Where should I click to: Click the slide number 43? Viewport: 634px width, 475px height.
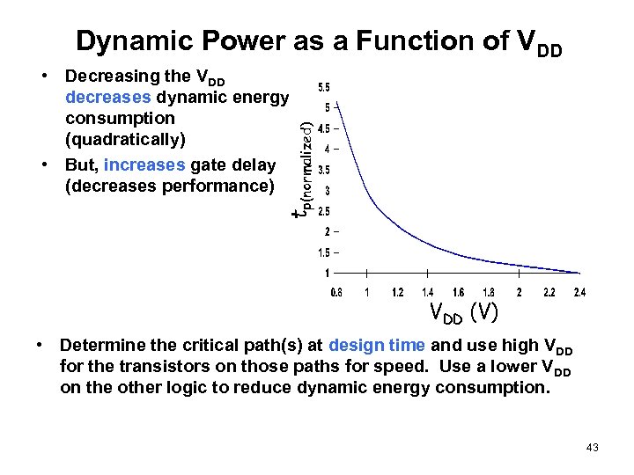[592, 449]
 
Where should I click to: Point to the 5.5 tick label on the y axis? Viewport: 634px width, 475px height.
[324, 87]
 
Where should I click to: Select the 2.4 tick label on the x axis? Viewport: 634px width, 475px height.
[579, 293]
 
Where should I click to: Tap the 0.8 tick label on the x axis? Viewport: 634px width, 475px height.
[336, 293]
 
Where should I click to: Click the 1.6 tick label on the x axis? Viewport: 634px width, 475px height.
[458, 293]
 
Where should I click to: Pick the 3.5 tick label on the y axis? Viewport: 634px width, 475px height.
[324, 170]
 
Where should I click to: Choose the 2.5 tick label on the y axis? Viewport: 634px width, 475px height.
[324, 211]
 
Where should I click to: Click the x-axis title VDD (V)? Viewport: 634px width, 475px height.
[463, 312]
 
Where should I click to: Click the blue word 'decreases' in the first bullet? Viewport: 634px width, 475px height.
[107, 97]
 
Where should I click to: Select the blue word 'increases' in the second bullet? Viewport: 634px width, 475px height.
[144, 165]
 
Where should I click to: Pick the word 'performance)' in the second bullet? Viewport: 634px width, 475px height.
[224, 186]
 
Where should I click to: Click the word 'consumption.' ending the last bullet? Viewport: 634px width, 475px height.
[494, 388]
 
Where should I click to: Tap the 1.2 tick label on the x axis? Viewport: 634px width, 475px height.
[397, 293]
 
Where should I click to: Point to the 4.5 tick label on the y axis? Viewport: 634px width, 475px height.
[324, 128]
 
